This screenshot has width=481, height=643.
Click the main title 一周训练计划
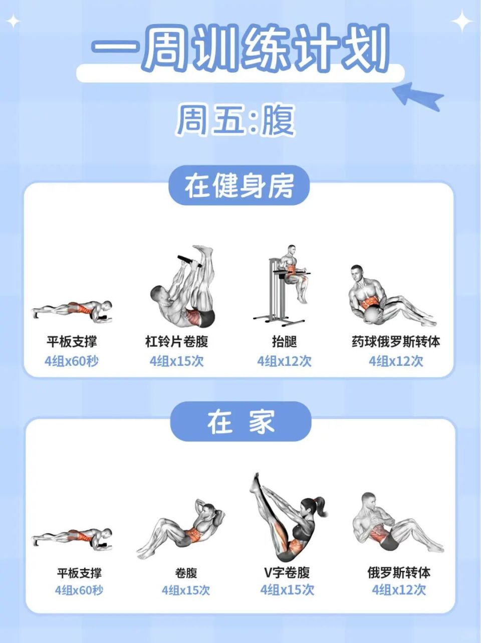coord(241,49)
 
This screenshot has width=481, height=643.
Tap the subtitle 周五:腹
coord(235,120)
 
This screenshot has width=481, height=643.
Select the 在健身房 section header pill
coord(239,186)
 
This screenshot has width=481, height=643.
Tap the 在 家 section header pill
coord(241,421)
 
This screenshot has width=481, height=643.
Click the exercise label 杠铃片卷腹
coord(176,342)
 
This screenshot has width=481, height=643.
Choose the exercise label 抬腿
coord(284,342)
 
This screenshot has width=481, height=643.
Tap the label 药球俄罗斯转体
coord(396,342)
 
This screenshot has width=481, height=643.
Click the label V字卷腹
coord(287,572)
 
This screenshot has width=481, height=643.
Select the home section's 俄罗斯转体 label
coord(398,572)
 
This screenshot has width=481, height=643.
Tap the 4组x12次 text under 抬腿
coord(284,361)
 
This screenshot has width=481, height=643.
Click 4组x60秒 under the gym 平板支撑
coord(72,361)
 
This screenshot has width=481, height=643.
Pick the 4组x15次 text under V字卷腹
coord(287,590)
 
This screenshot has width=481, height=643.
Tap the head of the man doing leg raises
coord(291,249)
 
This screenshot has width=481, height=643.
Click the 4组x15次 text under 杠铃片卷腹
coord(176,361)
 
